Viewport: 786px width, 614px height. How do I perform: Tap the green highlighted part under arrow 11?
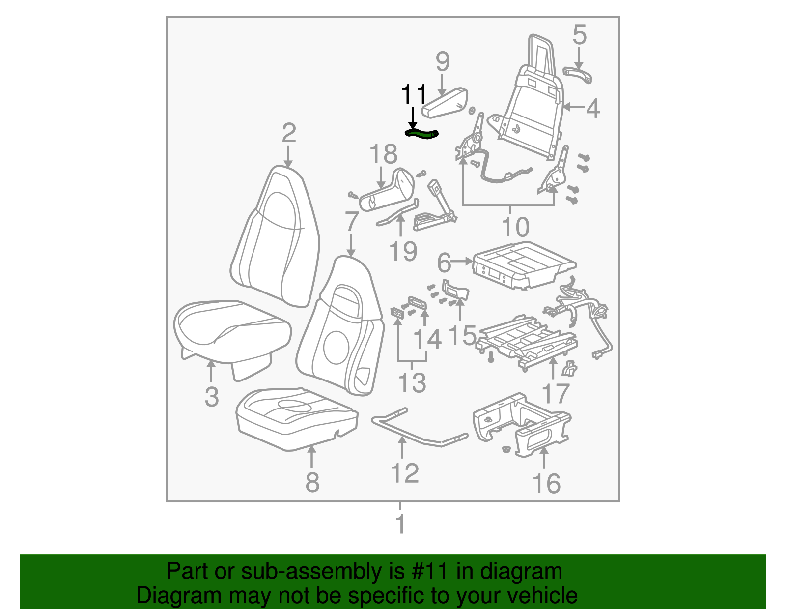(421, 133)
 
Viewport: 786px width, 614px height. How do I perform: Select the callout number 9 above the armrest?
(442, 62)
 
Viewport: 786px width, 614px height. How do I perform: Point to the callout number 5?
(579, 35)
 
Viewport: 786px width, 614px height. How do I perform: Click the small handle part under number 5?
(578, 75)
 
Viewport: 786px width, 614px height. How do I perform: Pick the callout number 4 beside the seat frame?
(593, 108)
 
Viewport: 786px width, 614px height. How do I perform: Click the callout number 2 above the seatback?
(289, 133)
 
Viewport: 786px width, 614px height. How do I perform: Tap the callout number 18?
(383, 154)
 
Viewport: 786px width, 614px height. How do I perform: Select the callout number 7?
(351, 222)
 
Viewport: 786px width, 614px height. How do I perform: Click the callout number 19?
(403, 251)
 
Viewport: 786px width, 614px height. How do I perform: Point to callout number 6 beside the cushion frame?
(444, 263)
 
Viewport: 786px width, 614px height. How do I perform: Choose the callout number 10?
(515, 227)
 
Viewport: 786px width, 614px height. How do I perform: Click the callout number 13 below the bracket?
(412, 383)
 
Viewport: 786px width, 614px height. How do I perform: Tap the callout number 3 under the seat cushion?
(211, 396)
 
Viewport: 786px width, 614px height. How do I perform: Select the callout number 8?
(312, 482)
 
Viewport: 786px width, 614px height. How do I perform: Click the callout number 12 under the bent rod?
(404, 473)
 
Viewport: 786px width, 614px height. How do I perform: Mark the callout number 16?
(546, 484)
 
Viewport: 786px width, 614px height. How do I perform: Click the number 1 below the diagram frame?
(400, 524)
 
